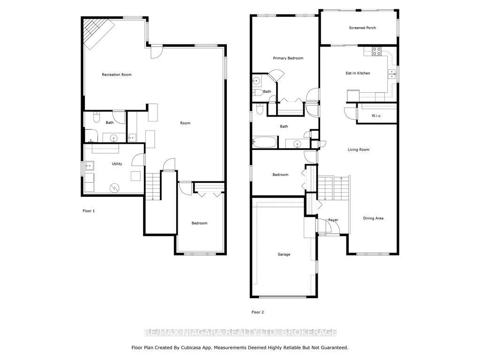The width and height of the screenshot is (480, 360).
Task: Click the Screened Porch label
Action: tap(362, 28)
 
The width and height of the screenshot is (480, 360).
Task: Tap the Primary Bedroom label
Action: tap(288, 58)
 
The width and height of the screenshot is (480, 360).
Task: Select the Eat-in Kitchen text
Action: tap(358, 73)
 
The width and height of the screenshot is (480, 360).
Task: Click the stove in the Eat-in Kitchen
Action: tap(377, 51)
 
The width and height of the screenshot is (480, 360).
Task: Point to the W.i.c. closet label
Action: tap(376, 116)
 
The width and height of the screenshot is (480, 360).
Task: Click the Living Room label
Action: tap(359, 150)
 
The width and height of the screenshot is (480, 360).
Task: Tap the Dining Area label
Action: tap(373, 218)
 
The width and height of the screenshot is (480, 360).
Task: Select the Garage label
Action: tap(284, 255)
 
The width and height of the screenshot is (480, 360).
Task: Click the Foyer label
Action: tap(333, 220)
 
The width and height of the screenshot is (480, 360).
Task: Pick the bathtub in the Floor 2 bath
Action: tap(265, 142)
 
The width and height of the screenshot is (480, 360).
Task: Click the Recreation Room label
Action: tap(117, 75)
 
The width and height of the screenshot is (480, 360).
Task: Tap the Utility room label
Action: tap(117, 164)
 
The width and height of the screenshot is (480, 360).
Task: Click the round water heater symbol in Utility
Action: tap(114, 187)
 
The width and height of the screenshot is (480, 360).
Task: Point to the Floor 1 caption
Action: tap(89, 211)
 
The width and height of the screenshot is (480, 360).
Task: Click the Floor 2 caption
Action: tap(258, 312)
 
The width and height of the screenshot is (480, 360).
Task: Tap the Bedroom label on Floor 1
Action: tap(200, 223)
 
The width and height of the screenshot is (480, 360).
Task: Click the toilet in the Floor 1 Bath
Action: tap(97, 117)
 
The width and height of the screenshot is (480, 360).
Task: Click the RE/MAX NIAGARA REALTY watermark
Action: tap(240, 332)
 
